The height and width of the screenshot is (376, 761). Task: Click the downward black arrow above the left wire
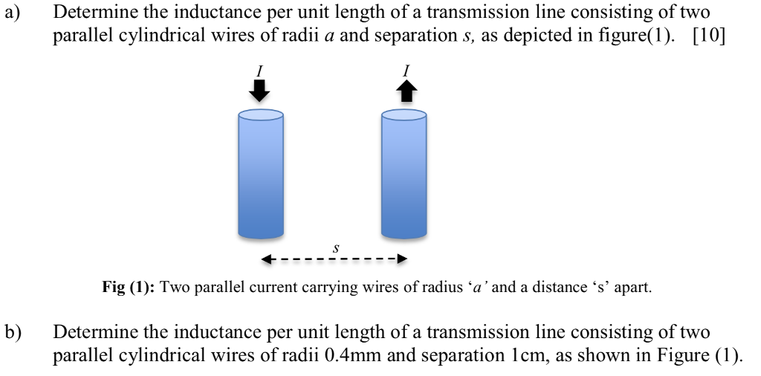click(260, 91)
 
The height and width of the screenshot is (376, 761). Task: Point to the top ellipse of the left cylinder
click(260, 115)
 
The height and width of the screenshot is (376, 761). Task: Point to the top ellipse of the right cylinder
click(404, 115)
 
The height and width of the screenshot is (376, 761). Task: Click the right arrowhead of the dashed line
click(401, 259)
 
